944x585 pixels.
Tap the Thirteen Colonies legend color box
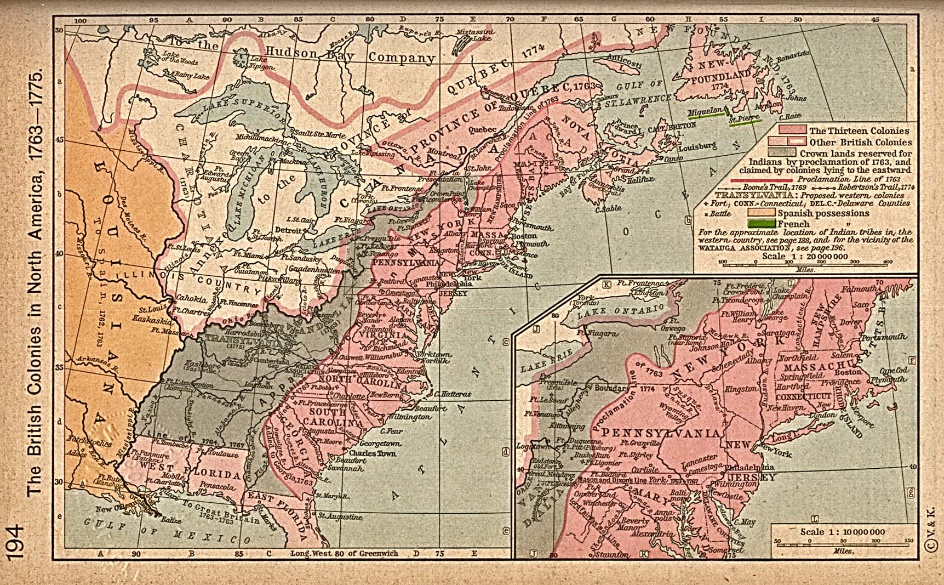point(793,130)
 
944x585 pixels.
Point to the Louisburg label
point(697,146)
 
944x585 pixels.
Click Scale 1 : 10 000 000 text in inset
point(843,532)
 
